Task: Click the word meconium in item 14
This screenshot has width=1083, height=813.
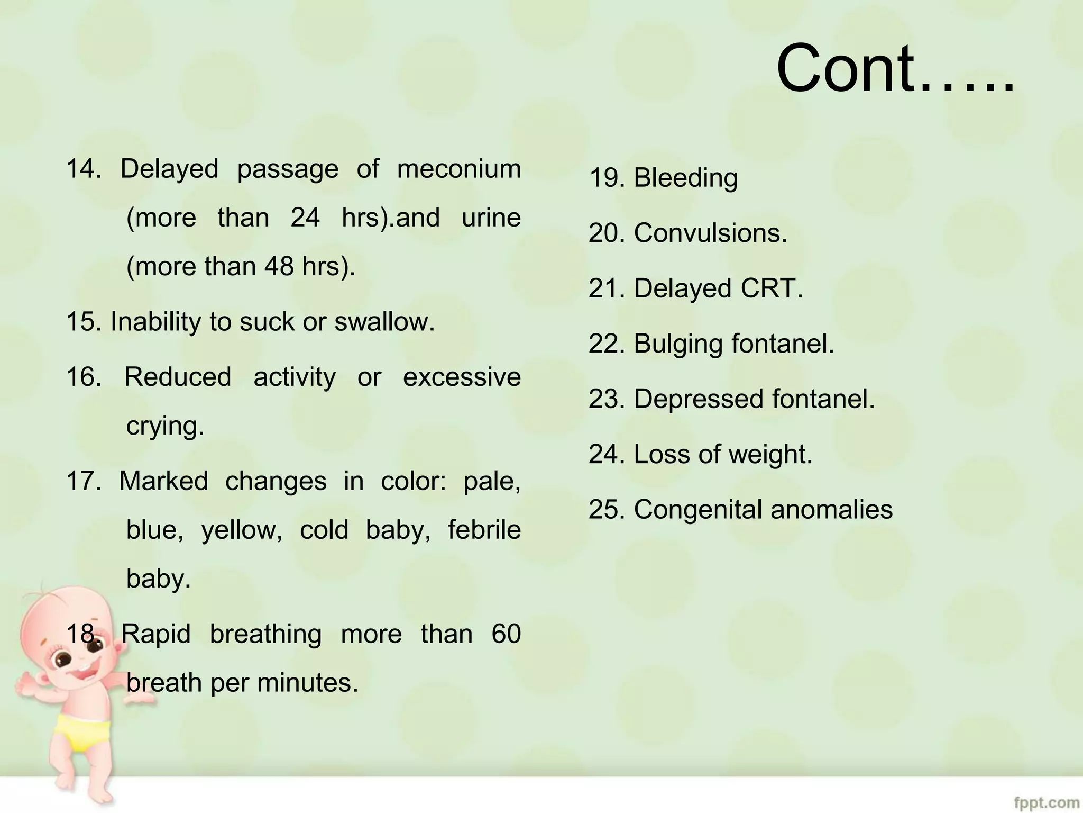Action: [458, 169]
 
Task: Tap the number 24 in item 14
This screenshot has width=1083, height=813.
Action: [305, 218]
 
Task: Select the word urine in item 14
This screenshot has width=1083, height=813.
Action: [491, 218]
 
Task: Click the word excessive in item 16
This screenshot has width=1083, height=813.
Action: [462, 377]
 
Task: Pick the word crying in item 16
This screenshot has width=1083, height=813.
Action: [164, 426]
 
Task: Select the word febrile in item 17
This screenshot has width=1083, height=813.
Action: [484, 530]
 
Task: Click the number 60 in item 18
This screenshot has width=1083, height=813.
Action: [506, 634]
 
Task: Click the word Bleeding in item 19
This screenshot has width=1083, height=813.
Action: [685, 178]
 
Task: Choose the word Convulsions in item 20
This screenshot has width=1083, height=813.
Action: [710, 233]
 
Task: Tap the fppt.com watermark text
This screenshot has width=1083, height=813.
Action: [1047, 802]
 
